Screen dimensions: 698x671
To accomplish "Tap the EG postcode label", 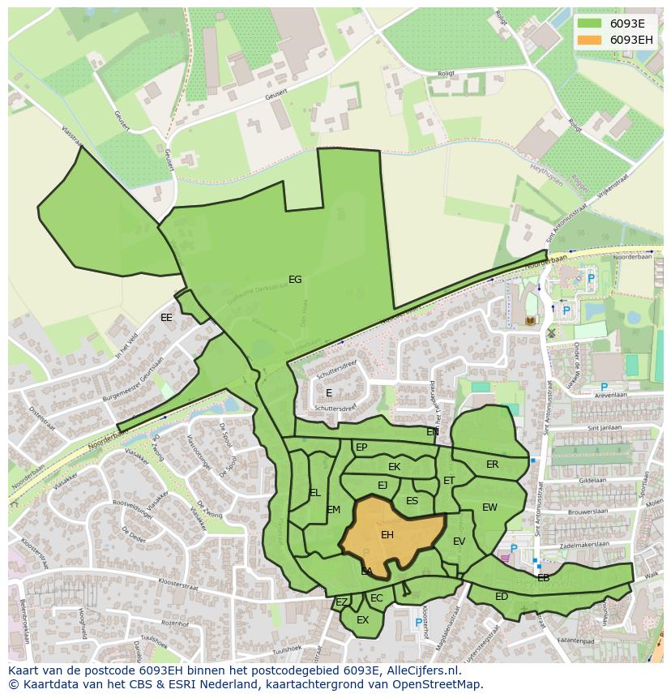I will [295, 280].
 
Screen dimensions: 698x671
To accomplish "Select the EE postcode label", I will [166, 318].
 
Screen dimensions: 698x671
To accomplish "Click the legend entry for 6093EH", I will [631, 40].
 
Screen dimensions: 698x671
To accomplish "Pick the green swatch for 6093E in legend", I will [590, 24].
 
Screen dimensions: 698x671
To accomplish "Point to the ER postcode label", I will [493, 465].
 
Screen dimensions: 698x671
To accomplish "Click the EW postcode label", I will [489, 507].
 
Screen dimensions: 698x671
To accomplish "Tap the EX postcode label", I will [362, 620].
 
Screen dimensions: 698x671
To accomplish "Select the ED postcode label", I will [502, 597].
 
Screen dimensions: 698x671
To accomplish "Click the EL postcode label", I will [315, 493].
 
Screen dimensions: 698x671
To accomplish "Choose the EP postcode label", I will [361, 447].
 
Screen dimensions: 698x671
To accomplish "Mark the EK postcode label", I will [394, 467].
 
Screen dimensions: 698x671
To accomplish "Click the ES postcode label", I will [412, 501].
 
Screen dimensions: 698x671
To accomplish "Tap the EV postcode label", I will [459, 542].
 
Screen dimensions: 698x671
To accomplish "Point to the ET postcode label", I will [449, 481].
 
